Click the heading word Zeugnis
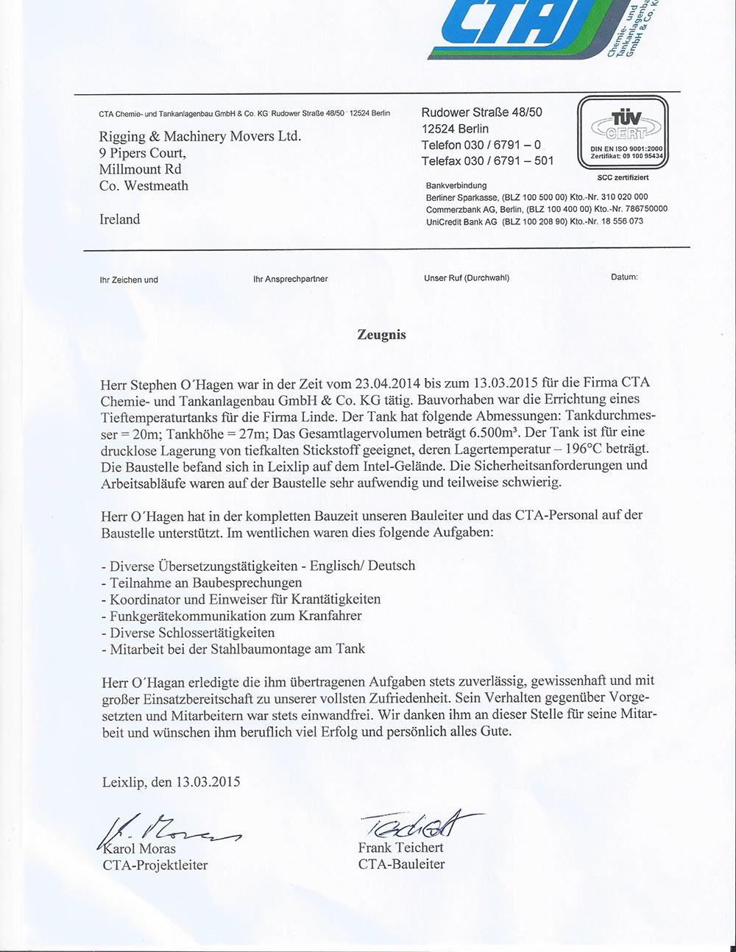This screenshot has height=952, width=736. (x=381, y=335)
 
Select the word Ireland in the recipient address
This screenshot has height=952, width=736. (x=119, y=219)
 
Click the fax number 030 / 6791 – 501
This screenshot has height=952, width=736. (x=509, y=161)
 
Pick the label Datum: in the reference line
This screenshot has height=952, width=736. (x=624, y=277)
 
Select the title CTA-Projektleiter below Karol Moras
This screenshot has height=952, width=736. (x=155, y=865)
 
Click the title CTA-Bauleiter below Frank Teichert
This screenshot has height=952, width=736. (x=401, y=864)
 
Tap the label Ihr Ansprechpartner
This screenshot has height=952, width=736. (x=290, y=279)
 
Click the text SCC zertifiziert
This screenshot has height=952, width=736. (x=623, y=178)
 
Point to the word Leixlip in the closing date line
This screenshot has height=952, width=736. (x=122, y=781)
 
